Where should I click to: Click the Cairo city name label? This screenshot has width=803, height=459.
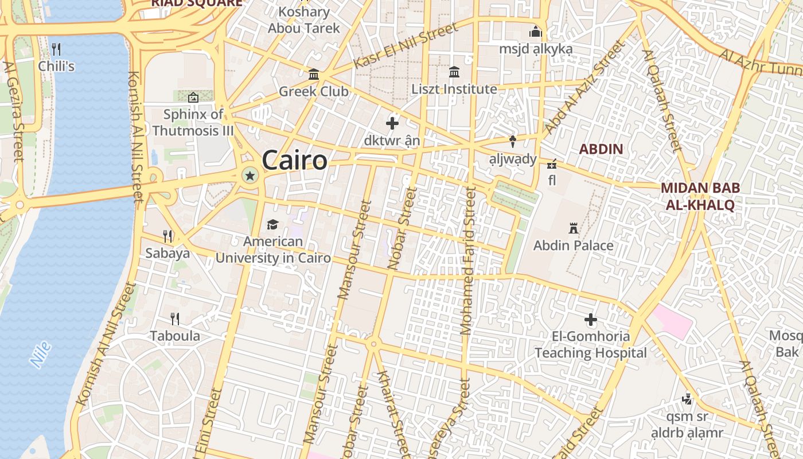click(294, 160)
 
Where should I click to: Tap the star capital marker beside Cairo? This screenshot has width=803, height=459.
click(250, 175)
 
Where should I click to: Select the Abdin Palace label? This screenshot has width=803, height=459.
click(573, 246)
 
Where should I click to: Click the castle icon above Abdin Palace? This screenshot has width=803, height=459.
click(573, 228)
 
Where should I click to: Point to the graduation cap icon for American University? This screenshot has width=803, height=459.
click(272, 224)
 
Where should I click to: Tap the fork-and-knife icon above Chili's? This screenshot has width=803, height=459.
click(56, 49)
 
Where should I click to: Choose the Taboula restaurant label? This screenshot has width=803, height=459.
click(175, 336)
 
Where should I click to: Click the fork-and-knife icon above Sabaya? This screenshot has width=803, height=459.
click(167, 236)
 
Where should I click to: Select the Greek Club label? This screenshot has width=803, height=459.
click(313, 91)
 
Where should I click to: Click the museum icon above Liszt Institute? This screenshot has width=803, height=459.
click(454, 72)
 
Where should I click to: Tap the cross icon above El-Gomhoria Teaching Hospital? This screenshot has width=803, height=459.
click(590, 320)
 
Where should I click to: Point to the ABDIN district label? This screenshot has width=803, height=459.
click(601, 149)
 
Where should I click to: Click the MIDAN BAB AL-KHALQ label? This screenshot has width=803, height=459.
click(700, 196)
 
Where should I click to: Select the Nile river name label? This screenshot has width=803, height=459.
click(41, 354)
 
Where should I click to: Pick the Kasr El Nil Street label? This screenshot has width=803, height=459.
click(406, 45)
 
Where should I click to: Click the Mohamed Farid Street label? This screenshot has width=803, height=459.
click(469, 261)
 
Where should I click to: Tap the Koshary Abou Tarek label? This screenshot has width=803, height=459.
click(303, 20)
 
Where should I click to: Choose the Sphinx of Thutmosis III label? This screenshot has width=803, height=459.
click(193, 122)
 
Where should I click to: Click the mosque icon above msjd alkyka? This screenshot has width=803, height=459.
click(536, 32)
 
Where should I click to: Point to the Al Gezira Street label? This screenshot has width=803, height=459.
click(13, 112)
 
